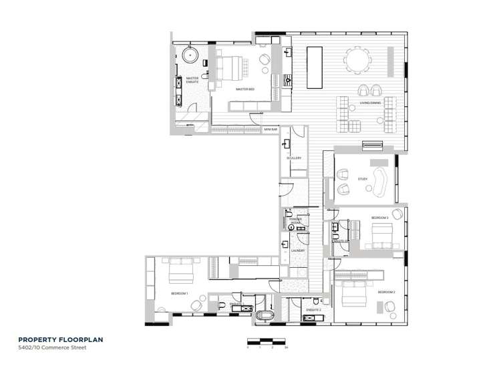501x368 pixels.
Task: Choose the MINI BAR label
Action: (x=270, y=130)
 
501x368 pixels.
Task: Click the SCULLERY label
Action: (x=294, y=158)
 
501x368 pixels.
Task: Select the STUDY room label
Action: (x=363, y=178)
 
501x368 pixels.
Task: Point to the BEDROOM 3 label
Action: (x=380, y=218)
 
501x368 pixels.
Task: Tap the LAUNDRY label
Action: (x=298, y=250)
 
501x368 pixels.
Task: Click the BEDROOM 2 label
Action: (x=386, y=293)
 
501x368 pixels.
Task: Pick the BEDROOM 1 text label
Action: (x=179, y=293)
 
